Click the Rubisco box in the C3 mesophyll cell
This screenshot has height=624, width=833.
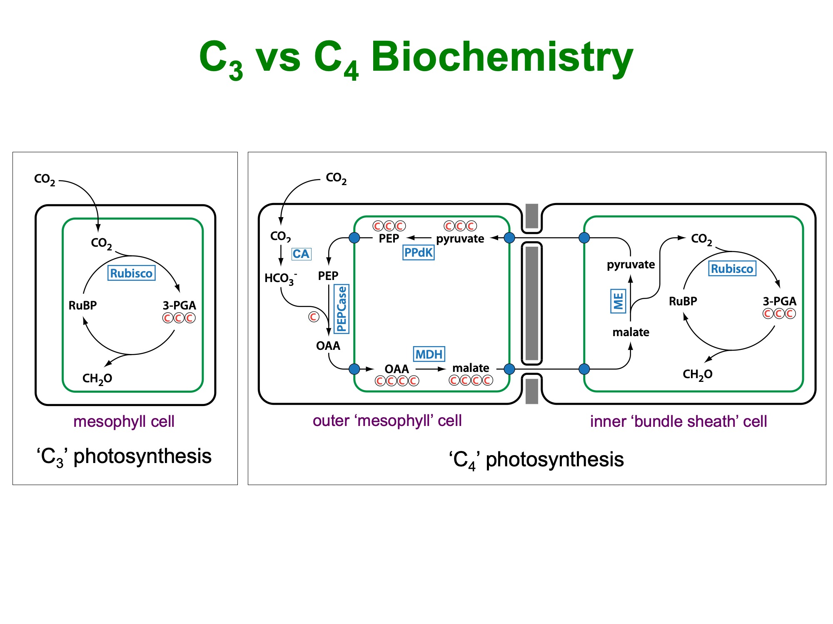[x=131, y=273]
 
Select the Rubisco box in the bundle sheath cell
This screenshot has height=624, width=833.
[x=732, y=269]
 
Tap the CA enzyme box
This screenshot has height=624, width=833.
[x=301, y=254]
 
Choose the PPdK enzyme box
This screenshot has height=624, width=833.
[x=419, y=253]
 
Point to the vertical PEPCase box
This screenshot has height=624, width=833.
[x=342, y=309]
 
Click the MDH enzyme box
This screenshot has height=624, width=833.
[x=429, y=354]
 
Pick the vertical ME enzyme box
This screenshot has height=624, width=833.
[x=618, y=301]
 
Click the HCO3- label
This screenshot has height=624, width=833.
[x=280, y=278]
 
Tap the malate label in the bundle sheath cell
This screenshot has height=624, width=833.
[x=631, y=332]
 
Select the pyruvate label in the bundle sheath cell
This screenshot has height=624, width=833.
[x=631, y=265]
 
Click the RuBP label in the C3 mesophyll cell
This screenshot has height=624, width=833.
[x=82, y=305]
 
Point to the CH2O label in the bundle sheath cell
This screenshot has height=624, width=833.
[x=697, y=374]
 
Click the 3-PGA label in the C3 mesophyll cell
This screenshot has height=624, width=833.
[x=179, y=305]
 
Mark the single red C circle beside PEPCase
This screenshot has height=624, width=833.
[x=314, y=317]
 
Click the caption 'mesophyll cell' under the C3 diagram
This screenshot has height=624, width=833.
[x=124, y=421]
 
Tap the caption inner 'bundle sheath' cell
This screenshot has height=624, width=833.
[x=678, y=421]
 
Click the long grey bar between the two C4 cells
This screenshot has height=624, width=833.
[x=532, y=303]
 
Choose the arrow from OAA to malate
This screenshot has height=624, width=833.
[x=431, y=369]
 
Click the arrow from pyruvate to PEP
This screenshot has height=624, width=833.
[x=419, y=238]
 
